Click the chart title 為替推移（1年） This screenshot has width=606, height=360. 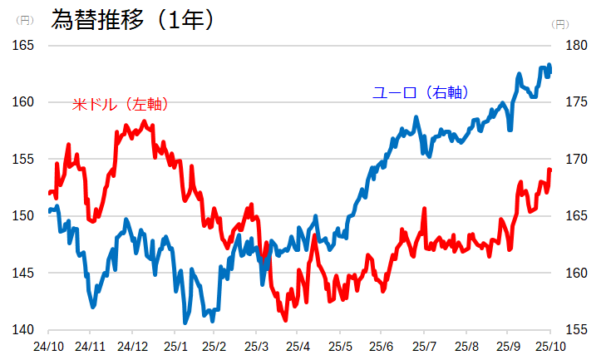pos(133,19)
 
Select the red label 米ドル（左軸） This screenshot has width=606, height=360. pos(121,105)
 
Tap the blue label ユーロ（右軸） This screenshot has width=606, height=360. pos(421,93)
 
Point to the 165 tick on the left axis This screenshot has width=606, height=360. pos(22,45)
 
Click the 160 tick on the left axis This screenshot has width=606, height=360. pos(22,102)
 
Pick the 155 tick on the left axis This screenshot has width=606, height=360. pos(22,159)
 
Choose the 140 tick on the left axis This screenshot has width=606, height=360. pos(22,330)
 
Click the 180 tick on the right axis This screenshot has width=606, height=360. pos(575,45)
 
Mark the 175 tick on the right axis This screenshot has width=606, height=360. pos(575,102)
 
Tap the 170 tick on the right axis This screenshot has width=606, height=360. pos(575,159)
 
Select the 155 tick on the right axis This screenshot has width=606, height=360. pos(575,330)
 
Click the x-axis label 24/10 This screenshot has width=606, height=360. pos(49,346)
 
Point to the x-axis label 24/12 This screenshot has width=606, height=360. pos(132,346)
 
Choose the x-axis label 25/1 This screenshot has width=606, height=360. pos(175,346)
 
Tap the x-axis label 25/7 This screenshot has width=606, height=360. pos(424,346)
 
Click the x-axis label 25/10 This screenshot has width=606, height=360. pos(549,346)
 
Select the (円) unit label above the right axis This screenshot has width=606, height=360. pos(561,24)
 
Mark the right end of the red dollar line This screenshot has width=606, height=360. pos(549,170)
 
